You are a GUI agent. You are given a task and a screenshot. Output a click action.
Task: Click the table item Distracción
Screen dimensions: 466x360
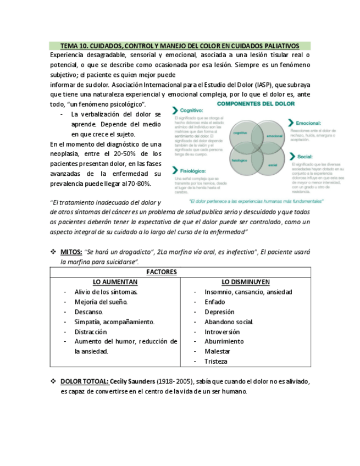91,332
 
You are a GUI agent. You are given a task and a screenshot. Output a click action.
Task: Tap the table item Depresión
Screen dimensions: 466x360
219,312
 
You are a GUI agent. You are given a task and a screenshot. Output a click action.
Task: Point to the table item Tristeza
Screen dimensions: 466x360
215,362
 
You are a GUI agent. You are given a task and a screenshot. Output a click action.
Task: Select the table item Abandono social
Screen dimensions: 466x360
229,322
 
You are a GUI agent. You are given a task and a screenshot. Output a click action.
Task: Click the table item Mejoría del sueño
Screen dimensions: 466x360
101,302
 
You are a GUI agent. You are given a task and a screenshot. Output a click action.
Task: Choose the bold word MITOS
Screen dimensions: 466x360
71,252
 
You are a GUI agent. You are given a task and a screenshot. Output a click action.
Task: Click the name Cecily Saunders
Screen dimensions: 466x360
132,381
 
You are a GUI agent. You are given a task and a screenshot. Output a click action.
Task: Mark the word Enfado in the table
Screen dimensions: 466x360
214,302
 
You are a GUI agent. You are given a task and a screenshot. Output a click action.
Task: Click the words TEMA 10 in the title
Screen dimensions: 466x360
73,46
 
